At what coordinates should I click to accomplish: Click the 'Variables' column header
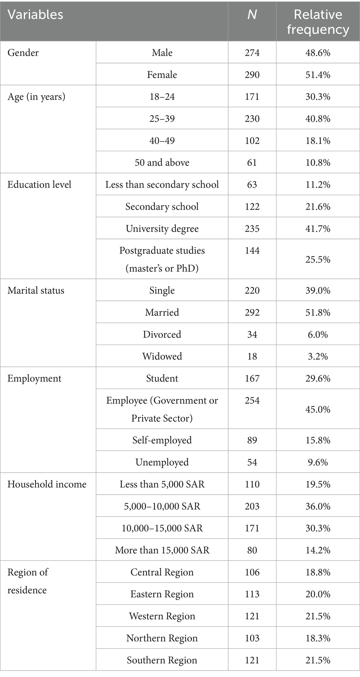click(x=35, y=15)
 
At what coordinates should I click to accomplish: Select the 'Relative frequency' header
click(x=318, y=22)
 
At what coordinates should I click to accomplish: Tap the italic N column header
click(x=252, y=15)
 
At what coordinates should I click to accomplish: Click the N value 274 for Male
click(x=252, y=53)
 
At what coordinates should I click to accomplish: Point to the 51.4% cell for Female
click(x=318, y=75)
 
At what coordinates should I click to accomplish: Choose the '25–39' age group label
click(x=162, y=119)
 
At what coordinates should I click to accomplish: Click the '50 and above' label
click(x=162, y=163)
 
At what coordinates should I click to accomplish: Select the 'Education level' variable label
click(x=39, y=184)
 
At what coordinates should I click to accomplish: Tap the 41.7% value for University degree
click(x=318, y=229)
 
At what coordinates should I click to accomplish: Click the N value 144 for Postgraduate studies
click(x=252, y=250)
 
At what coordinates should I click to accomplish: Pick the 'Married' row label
click(x=162, y=312)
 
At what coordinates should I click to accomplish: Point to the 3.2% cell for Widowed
click(x=318, y=356)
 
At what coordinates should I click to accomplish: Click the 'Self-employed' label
click(x=162, y=440)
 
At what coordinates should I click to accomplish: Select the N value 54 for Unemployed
click(x=252, y=462)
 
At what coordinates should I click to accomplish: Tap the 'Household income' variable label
click(x=47, y=484)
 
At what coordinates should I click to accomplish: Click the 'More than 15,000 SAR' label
click(x=162, y=550)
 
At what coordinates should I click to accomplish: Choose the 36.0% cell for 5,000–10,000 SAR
click(x=318, y=506)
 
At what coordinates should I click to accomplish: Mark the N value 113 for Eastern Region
click(x=252, y=594)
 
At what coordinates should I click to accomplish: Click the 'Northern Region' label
click(x=162, y=638)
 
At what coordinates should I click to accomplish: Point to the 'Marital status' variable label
click(x=36, y=290)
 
